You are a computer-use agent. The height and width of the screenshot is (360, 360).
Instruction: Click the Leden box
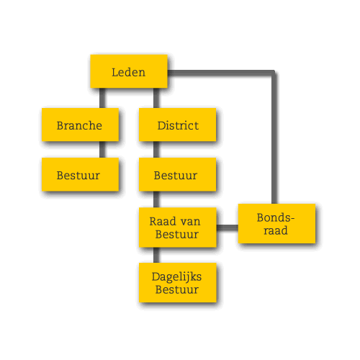pos(129,71)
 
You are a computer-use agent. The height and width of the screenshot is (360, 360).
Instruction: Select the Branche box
pos(80,125)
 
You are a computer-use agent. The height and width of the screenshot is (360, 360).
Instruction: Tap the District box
pos(177,125)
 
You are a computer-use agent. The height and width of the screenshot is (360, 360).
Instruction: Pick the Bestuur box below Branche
pos(80,174)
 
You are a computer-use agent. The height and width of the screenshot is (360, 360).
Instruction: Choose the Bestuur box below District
pos(177,174)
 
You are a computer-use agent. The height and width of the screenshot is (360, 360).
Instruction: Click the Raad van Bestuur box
pos(178,228)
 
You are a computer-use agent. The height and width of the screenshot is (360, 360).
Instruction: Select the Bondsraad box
pos(276,224)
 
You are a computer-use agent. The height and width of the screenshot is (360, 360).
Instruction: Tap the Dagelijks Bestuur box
pos(178,283)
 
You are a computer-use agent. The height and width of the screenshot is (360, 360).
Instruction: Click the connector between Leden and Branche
pos(102,98)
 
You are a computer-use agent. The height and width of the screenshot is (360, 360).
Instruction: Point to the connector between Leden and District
pos(156,98)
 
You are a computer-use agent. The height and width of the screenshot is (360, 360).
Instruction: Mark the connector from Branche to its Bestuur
pos(102,150)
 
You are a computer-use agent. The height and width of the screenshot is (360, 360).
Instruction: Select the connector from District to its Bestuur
pos(156,150)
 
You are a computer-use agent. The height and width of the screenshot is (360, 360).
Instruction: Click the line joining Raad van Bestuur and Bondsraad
pos(227,228)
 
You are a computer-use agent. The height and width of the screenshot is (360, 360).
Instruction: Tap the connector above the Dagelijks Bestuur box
pos(156,255)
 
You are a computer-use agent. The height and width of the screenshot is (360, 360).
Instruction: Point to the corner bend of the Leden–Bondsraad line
pos(274,73)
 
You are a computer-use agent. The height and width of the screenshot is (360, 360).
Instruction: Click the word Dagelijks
pos(176,277)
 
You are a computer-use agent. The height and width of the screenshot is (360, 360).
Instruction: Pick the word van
pos(190,222)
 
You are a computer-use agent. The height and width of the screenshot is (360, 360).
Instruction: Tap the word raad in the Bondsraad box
pos(276,230)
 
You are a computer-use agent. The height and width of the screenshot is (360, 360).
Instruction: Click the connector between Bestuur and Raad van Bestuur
pos(156,199)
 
